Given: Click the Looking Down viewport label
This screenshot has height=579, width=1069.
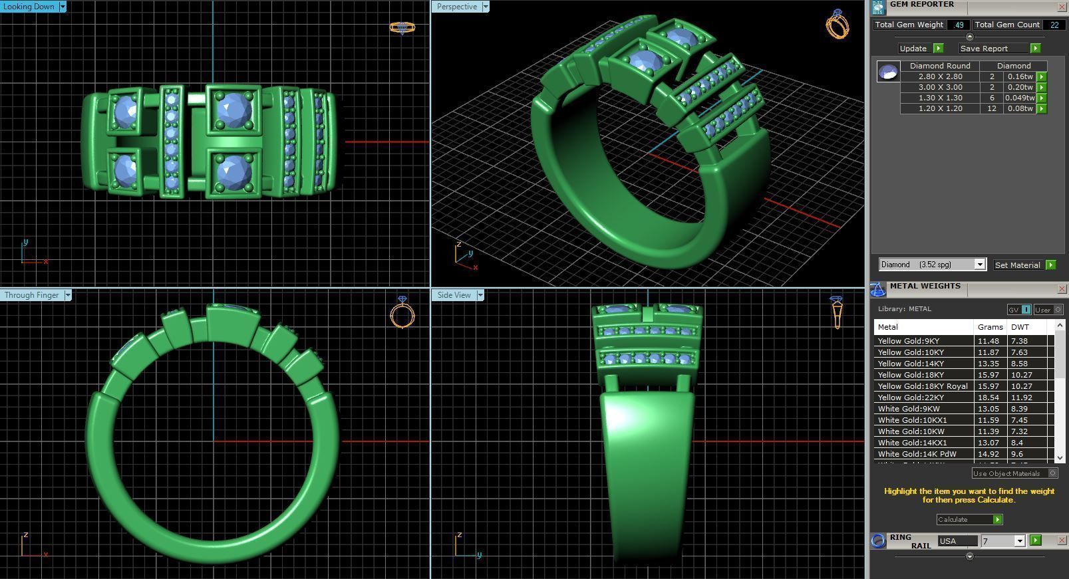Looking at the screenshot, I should click(x=29, y=7).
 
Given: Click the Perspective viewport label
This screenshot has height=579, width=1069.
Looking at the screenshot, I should click(x=456, y=7).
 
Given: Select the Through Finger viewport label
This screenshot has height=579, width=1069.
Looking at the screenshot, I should click(x=31, y=295).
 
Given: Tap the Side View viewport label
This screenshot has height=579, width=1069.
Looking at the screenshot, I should click(x=454, y=295).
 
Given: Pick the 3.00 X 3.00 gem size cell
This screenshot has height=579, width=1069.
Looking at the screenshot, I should click(x=940, y=87).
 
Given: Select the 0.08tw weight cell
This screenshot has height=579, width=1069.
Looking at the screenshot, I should click(x=1019, y=108).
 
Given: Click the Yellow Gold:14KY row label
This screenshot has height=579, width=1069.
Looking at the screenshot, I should click(x=911, y=364).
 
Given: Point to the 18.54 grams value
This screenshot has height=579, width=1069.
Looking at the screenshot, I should click(x=988, y=398).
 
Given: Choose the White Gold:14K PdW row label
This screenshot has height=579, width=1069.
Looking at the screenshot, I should click(x=917, y=454).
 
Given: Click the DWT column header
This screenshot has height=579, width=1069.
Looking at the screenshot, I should click(x=1019, y=327).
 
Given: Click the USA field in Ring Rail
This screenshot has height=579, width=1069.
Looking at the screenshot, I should click(x=957, y=541).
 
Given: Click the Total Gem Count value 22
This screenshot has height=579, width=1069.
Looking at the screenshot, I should click(x=1054, y=25).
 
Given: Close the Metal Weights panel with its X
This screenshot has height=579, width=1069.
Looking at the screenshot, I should click(x=1062, y=289).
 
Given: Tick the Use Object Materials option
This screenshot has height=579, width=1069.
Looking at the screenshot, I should click(x=1052, y=473).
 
